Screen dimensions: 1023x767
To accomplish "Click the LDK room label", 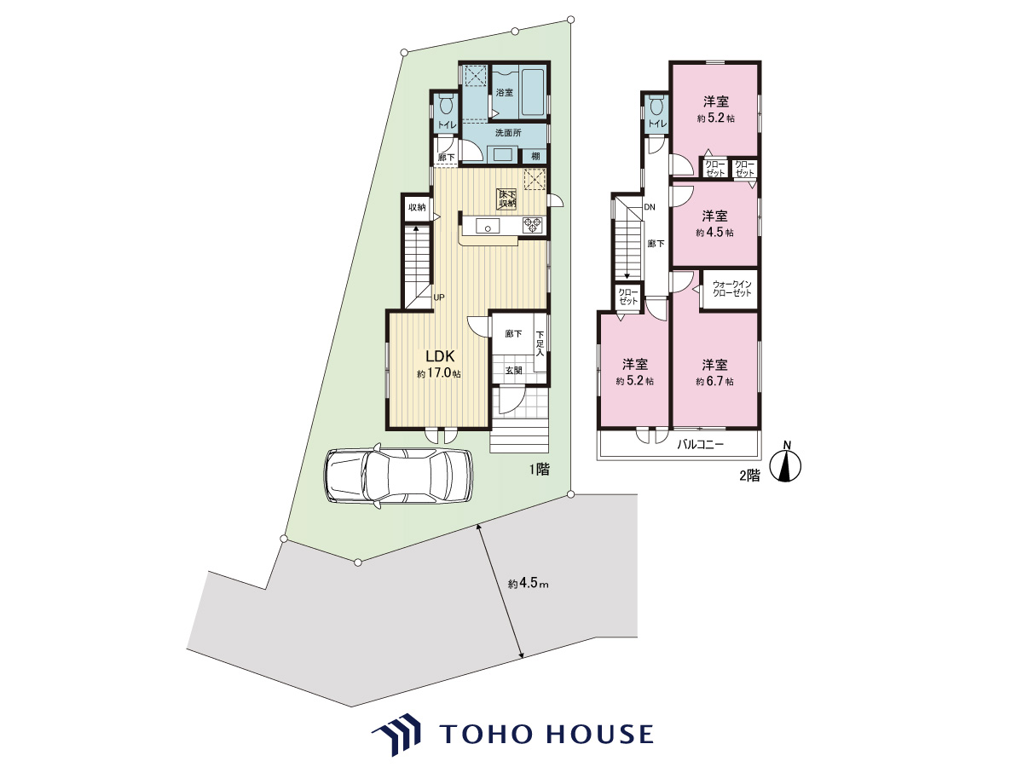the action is [x=441, y=356].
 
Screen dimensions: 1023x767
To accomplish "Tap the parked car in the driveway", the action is [x=399, y=476].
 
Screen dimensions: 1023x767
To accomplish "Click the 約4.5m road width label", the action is [x=528, y=584].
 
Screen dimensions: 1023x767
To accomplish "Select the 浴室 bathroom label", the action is [x=505, y=92].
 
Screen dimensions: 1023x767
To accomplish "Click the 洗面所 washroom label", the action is [x=508, y=133].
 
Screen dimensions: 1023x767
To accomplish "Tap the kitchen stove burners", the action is [x=532, y=226].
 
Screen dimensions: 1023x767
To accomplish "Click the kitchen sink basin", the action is [x=488, y=227].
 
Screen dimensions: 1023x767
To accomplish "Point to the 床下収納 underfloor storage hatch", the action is [x=507, y=199].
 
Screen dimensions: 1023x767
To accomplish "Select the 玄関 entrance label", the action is [x=513, y=370].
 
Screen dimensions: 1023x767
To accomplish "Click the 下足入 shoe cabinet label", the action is [x=540, y=343].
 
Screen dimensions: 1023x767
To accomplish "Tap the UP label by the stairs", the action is [x=439, y=297].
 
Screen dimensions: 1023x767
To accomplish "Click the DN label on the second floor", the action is [x=650, y=207].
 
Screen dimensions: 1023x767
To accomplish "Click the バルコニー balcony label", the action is [x=701, y=444].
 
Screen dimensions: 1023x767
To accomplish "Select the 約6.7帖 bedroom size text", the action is [x=714, y=382].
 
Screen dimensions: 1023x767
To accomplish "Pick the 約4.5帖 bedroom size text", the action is [x=714, y=233].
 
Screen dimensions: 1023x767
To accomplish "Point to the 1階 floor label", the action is [x=540, y=470].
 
